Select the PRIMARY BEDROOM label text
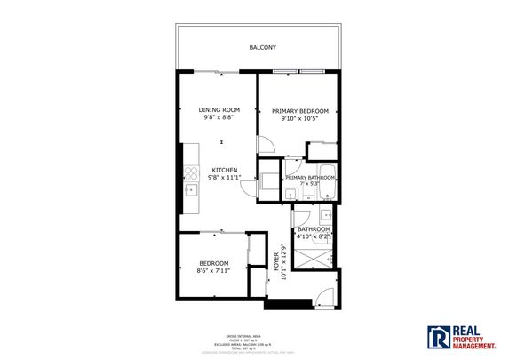click(x=299, y=110)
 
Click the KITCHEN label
click(x=224, y=170)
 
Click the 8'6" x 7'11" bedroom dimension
click(x=213, y=270)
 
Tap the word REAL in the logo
click(x=465, y=328)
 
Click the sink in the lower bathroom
click(x=325, y=214)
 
